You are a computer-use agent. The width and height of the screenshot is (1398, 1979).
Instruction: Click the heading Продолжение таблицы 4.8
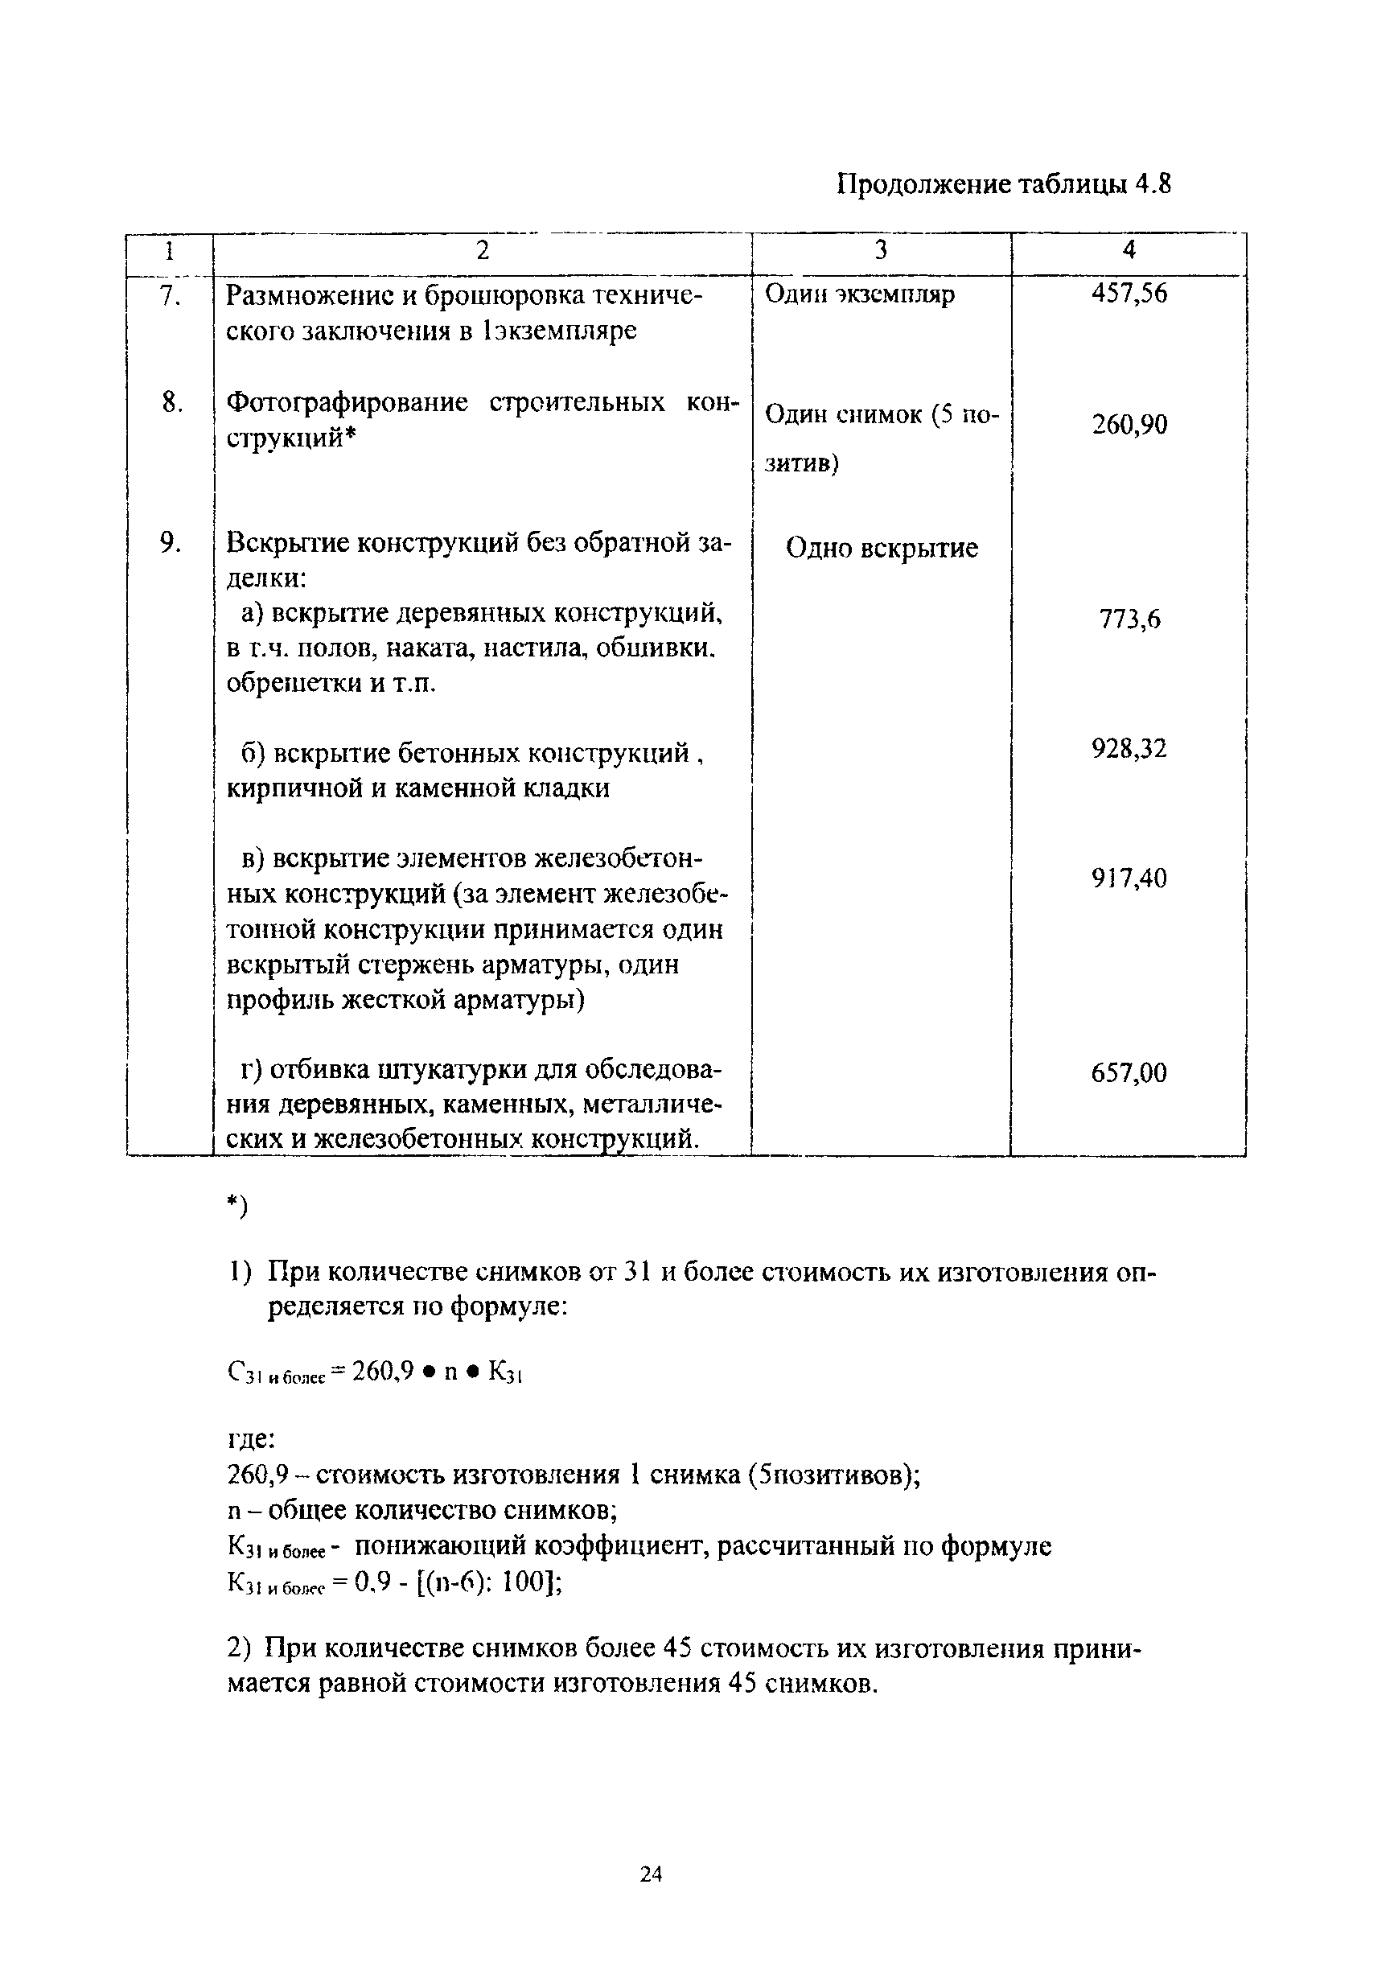point(1004,185)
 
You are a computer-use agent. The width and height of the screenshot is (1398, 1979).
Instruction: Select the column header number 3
point(881,250)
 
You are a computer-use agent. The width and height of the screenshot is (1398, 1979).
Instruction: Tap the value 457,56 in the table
point(1129,294)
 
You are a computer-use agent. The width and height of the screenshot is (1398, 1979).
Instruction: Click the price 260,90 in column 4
point(1129,424)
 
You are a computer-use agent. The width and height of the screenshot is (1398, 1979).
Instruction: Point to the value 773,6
point(1129,619)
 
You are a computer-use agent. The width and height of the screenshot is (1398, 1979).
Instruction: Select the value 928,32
point(1129,748)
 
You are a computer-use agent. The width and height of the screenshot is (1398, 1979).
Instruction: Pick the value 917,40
point(1129,878)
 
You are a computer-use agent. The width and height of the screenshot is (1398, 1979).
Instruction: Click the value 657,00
point(1129,1073)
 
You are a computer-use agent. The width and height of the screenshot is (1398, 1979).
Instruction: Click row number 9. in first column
point(170,542)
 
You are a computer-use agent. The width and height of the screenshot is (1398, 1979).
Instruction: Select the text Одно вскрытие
point(882,548)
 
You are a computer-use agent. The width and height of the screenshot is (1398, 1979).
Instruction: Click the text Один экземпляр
point(860,294)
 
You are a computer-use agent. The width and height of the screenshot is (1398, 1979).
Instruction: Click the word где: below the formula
point(251,1439)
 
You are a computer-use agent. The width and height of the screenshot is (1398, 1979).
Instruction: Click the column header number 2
point(482,250)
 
